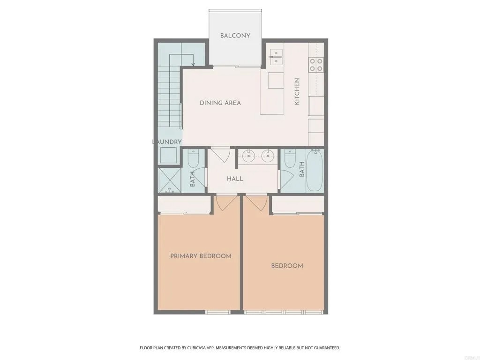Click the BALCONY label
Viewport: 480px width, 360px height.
[235, 36]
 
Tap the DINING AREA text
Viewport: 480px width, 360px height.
[220, 103]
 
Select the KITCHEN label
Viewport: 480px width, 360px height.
[297, 91]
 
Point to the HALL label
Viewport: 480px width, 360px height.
[235, 179]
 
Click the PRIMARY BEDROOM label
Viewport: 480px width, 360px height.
[201, 256]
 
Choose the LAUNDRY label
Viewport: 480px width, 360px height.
[167, 142]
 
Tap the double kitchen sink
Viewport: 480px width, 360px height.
[276, 58]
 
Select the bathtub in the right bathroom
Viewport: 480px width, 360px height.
[315, 170]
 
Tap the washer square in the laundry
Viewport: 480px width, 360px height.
[169, 155]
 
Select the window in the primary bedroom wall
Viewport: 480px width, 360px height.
[217, 312]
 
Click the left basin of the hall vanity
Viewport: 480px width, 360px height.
[248, 156]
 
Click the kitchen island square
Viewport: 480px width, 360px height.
[276, 80]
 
